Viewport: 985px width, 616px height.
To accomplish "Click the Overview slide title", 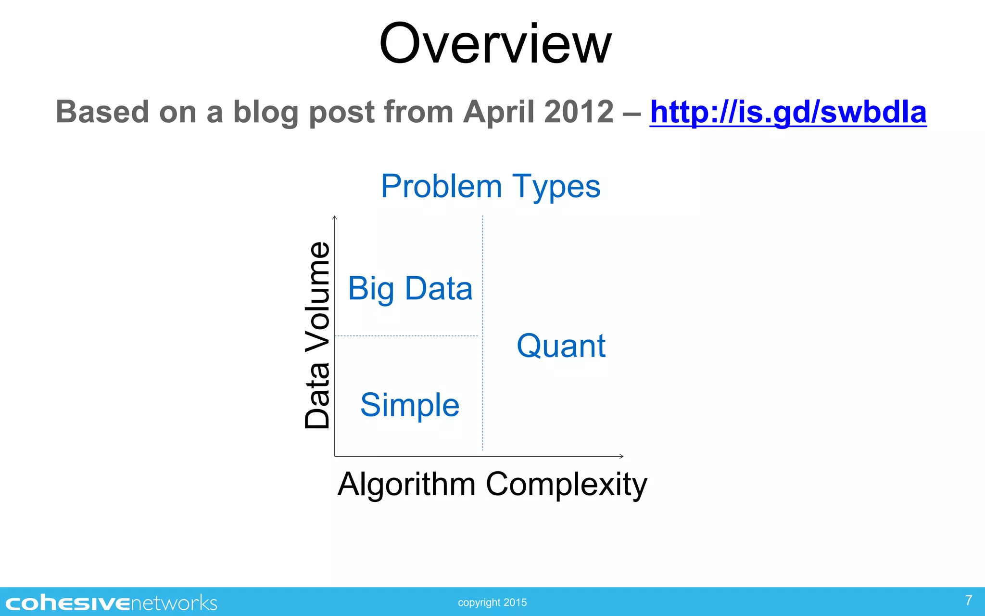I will [x=495, y=44].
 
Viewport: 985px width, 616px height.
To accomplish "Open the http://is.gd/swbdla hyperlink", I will [x=788, y=112].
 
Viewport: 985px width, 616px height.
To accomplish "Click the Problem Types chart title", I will [x=491, y=186].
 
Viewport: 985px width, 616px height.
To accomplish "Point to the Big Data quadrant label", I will [x=410, y=289].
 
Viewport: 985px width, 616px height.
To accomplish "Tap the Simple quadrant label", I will [x=410, y=405].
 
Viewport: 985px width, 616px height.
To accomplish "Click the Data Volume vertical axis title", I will [x=318, y=335].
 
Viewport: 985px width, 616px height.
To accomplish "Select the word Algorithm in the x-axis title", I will [x=406, y=484].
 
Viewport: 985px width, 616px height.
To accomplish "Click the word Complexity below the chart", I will [x=566, y=484].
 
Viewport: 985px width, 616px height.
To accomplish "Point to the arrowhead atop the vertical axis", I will [x=335, y=218].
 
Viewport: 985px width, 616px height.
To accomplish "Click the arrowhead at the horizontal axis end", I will [x=621, y=456].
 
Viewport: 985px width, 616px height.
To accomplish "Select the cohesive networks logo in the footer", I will [x=111, y=603].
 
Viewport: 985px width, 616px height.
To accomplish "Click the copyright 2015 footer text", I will [x=492, y=603].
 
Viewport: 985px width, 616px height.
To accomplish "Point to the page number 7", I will [x=969, y=600].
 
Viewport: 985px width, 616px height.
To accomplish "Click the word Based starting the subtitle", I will [x=102, y=112].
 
